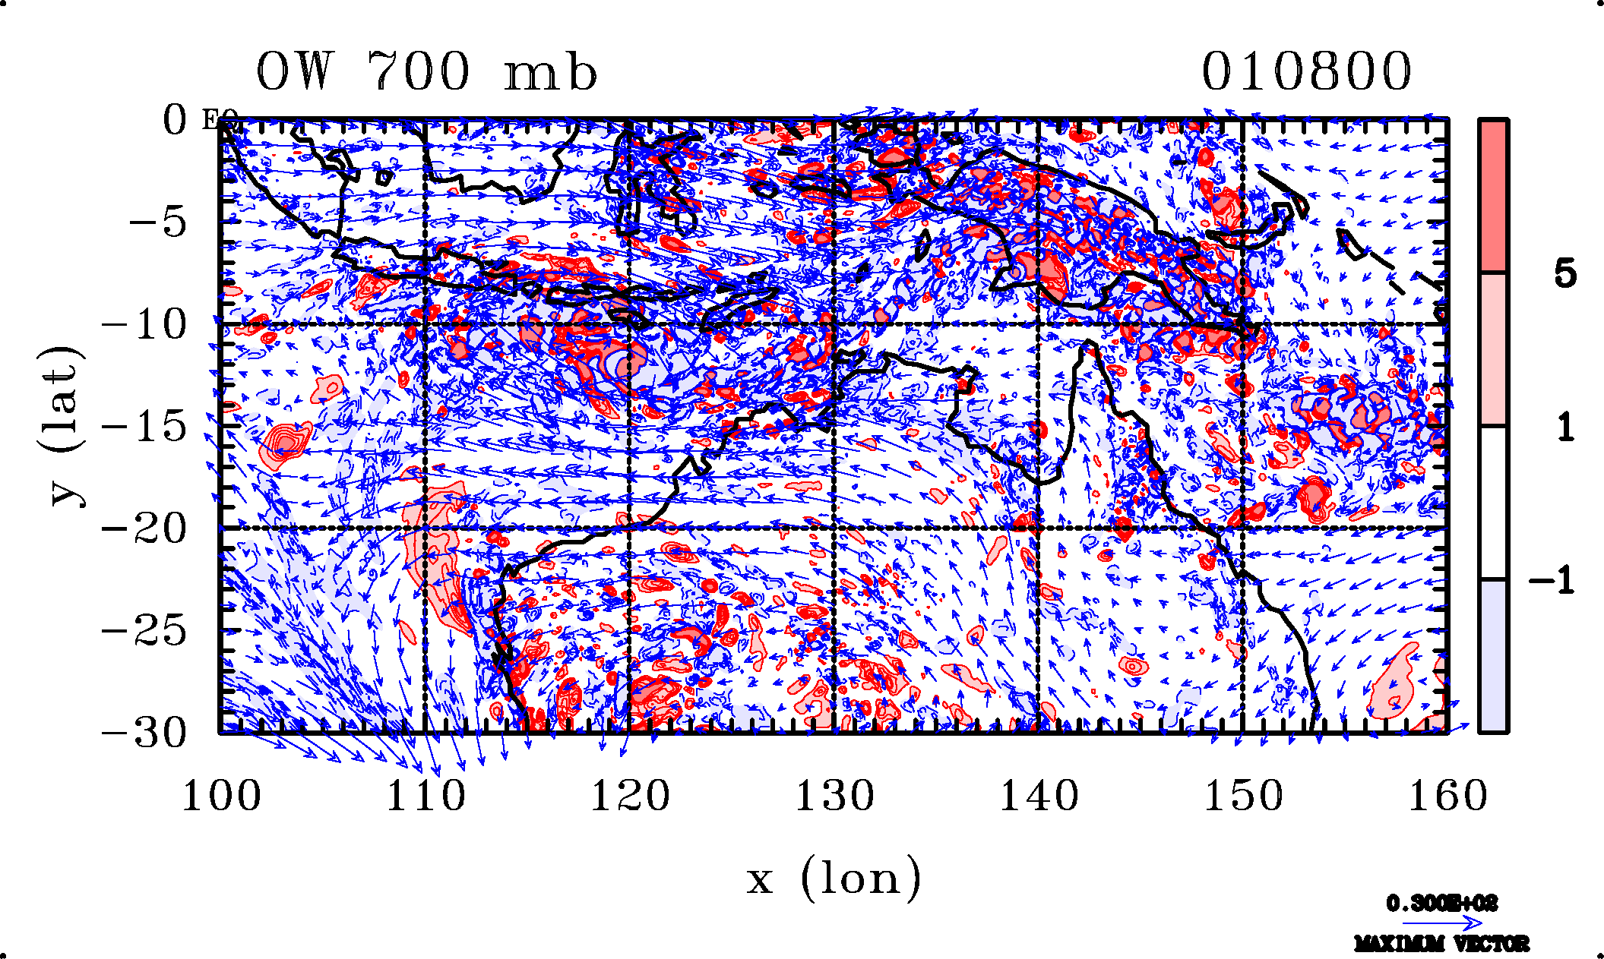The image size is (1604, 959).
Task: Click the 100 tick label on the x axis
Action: coord(221,797)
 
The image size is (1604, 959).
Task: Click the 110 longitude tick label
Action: coord(426,797)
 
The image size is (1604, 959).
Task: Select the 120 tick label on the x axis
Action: coord(630,797)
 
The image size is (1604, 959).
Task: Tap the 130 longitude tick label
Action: coord(834,797)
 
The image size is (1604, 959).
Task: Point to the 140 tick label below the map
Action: coord(1039,797)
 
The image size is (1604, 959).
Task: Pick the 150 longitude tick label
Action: coord(1243,797)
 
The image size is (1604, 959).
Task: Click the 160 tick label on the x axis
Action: coord(1447,797)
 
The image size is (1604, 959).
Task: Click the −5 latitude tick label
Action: coord(157,223)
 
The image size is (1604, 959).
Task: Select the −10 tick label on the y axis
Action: coord(144,325)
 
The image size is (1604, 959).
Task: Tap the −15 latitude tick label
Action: coord(144,427)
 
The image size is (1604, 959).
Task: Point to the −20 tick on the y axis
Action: coord(144,528)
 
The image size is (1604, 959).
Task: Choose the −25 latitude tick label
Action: coord(144,630)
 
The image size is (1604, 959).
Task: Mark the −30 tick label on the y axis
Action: coord(144,733)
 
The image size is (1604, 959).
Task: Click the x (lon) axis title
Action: coord(834,879)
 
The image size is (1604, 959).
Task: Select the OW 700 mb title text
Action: coord(426,72)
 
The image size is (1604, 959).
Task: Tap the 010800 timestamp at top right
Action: coord(1306,72)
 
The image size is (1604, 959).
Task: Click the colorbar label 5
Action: coord(1564,273)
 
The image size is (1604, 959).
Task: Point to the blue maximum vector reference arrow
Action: coord(1441,923)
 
